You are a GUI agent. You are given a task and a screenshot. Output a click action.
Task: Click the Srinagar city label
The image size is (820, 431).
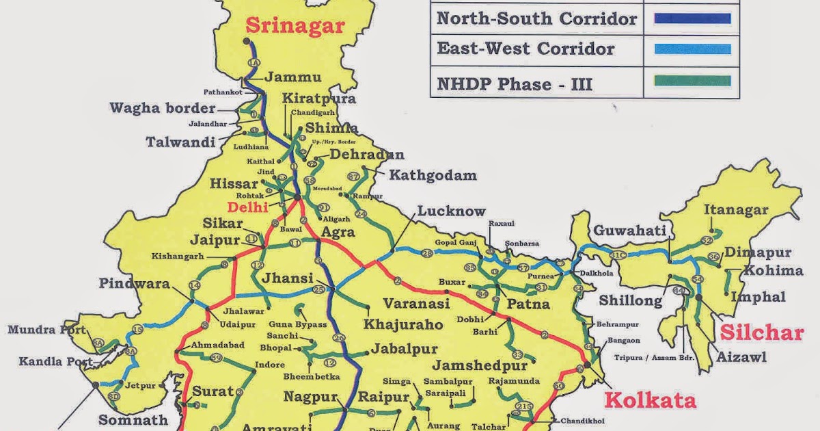click(295, 26)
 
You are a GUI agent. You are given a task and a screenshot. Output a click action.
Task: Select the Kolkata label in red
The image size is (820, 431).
click(651, 400)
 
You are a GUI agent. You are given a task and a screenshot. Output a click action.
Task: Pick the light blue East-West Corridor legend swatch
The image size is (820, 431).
click(692, 49)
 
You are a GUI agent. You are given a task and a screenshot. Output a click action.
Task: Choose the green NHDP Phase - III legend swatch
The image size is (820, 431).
click(692, 81)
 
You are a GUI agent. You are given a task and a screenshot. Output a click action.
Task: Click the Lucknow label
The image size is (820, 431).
click(452, 211)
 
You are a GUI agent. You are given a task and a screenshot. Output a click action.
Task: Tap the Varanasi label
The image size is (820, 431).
click(416, 303)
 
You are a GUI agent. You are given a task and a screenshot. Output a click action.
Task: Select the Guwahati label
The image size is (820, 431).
click(629, 231)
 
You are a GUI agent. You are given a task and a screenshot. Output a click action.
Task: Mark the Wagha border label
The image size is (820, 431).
click(162, 108)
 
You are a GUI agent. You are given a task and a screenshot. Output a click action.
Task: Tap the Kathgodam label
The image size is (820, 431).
click(433, 176)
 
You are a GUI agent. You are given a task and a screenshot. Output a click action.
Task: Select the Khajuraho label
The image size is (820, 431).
click(404, 324)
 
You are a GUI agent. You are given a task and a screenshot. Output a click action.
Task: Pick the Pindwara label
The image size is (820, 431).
click(134, 283)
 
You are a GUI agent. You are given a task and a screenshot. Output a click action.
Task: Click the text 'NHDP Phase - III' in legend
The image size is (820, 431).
click(515, 84)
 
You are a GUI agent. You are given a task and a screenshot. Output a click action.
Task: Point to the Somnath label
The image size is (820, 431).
click(133, 419)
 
